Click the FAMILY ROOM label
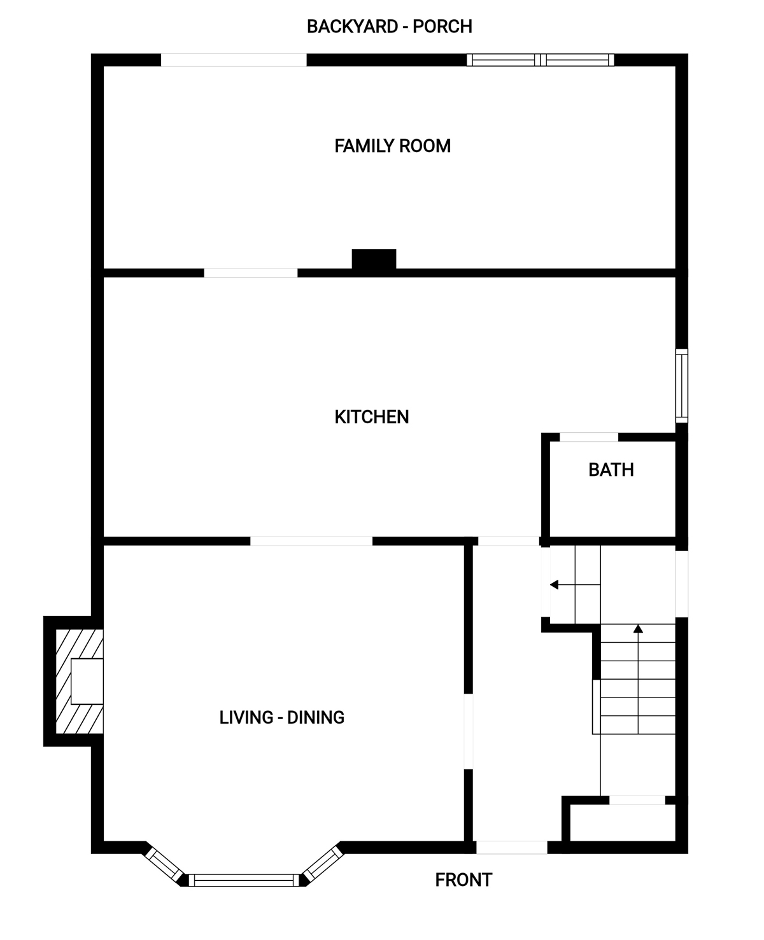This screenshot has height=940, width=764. coord(392,146)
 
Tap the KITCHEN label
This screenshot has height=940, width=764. coord(372,417)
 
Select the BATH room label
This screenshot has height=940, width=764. coord(611,470)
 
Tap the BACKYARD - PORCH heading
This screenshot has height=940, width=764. coord(389,27)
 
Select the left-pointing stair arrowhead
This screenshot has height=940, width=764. coord(555,585)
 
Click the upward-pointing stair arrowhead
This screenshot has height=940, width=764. coord(638,629)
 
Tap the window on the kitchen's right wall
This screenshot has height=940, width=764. coord(682,386)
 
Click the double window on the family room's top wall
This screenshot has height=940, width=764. coord(541,60)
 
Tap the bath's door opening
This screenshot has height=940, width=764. coord(589,437)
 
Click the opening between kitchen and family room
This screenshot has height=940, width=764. coord(251,273)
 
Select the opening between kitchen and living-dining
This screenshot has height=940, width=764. coord(311,541)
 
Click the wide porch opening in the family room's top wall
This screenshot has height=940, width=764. coord(234,60)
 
